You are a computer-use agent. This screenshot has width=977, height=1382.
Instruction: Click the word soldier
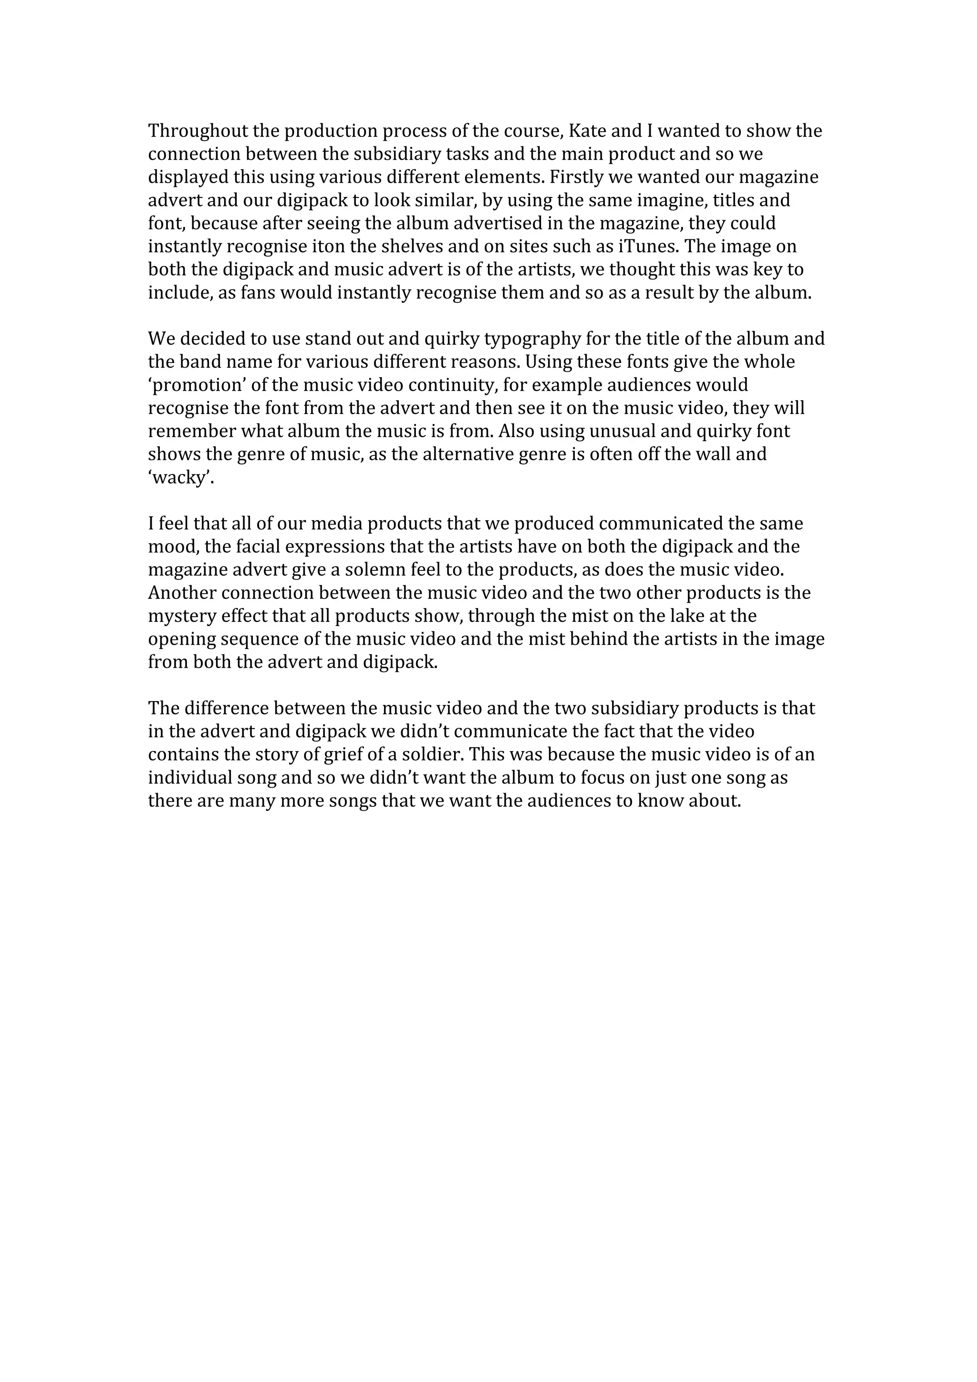tap(435, 754)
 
